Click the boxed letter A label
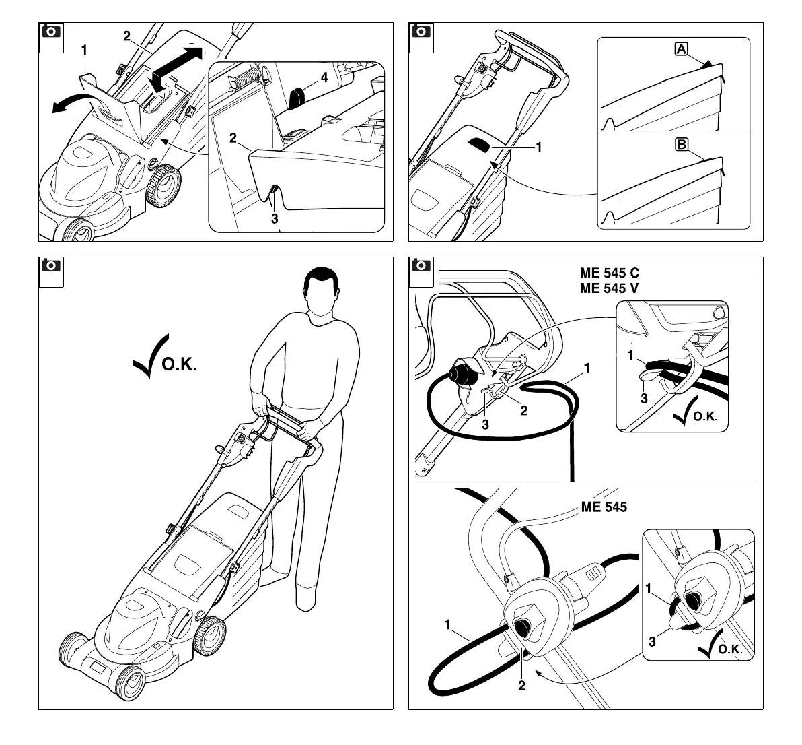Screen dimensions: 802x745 coord(681,48)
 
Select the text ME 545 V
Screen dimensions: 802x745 coord(610,288)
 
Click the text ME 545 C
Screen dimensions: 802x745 coord(610,274)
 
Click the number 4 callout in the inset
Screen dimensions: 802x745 coord(324,77)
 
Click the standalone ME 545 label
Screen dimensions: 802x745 coord(604,507)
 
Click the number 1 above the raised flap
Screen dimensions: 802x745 coord(84,49)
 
